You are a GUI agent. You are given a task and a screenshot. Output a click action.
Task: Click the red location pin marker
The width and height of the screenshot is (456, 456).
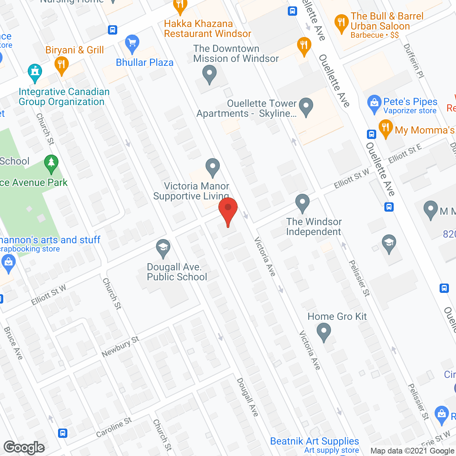click(228, 210)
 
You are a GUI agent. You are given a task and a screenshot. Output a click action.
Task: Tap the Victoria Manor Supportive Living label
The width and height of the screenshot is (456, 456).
click(191, 191)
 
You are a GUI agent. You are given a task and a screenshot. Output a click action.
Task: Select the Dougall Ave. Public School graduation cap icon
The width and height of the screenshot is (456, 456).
click(163, 248)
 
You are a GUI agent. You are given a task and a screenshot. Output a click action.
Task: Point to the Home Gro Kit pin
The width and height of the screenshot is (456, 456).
click(323, 332)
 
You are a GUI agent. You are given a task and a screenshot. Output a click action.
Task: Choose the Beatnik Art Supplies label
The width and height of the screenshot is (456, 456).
click(315, 441)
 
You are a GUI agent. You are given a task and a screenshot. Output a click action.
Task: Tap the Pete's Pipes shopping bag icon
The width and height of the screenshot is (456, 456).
click(374, 104)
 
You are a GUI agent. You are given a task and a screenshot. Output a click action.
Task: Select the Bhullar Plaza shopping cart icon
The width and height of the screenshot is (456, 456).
click(132, 44)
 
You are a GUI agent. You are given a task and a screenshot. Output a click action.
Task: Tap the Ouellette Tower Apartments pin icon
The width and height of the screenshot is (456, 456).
click(306, 107)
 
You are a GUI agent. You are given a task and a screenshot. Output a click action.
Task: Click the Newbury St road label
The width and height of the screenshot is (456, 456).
click(120, 347)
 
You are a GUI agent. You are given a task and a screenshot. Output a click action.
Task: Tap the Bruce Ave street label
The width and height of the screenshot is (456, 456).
click(13, 343)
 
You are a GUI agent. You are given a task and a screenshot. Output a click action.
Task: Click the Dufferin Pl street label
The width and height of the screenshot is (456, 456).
click(414, 61)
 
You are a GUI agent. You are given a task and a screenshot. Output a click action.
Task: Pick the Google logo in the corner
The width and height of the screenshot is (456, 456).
click(24, 447)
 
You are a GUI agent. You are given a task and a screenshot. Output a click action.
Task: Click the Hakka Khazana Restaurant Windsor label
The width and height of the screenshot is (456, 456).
click(207, 29)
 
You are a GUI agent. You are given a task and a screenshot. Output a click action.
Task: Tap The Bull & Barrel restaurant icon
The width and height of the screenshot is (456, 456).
click(341, 24)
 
